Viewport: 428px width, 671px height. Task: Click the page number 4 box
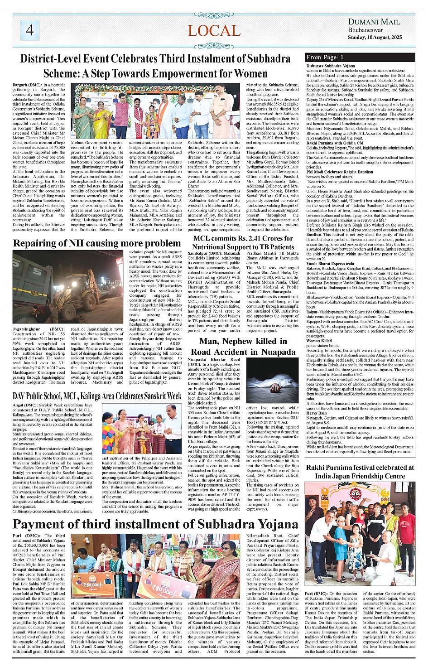point(30,30)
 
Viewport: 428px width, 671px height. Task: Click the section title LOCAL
point(214,31)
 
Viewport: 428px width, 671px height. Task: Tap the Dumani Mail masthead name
point(374,22)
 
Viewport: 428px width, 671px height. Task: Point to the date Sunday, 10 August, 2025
point(375,37)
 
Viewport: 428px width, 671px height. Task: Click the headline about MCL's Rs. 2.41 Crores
point(243,242)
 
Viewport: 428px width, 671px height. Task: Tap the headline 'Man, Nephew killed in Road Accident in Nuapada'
point(243,347)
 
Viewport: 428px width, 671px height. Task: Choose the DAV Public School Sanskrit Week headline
point(97,396)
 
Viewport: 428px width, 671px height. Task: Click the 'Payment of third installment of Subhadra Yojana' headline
point(155,524)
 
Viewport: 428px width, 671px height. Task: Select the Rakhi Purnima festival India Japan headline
point(360,472)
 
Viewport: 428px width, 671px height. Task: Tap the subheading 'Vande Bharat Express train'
point(330,264)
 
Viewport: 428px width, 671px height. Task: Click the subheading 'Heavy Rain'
point(316,413)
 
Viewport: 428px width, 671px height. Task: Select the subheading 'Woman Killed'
point(319,341)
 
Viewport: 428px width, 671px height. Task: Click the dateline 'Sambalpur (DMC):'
point(204,254)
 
